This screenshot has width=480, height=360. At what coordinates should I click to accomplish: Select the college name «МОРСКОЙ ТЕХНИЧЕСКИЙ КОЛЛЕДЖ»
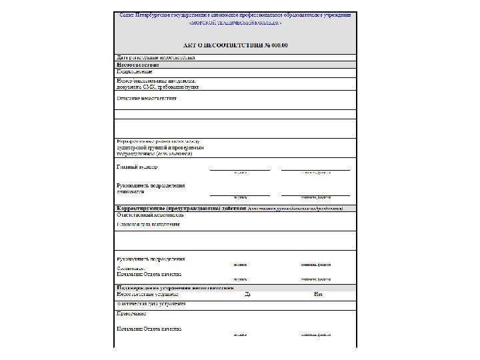click(235, 23)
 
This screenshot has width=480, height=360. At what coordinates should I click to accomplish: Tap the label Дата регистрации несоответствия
click(155, 57)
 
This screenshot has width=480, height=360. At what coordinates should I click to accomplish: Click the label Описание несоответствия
click(147, 98)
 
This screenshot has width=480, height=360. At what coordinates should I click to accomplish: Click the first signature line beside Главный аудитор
click(239, 169)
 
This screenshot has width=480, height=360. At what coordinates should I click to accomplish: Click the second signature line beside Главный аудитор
click(315, 169)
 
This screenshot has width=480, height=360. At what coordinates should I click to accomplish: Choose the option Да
click(247, 294)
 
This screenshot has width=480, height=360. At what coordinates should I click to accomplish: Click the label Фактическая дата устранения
click(151, 303)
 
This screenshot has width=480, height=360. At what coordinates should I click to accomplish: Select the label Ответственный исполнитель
click(150, 215)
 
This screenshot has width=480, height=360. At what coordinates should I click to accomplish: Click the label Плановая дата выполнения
click(148, 224)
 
